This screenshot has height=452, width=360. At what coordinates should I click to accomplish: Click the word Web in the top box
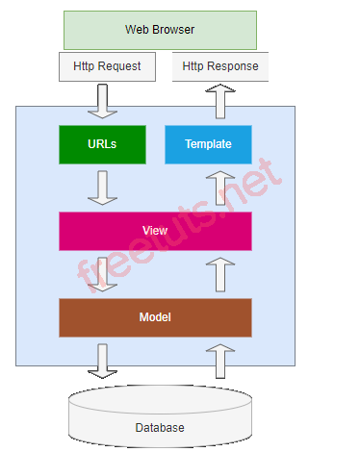pos(138,30)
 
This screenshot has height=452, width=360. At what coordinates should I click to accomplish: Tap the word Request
pos(120,66)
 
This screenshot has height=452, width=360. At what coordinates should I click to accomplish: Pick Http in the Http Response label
pos(194,66)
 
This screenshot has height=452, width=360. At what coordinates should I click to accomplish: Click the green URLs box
pos(102,144)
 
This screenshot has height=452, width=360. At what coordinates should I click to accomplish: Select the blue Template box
pos(208,144)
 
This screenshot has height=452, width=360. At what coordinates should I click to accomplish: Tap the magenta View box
pos(155,231)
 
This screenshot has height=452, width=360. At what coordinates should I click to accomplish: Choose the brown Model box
pos(155,316)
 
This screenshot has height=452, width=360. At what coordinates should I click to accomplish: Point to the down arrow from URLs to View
pos(102,188)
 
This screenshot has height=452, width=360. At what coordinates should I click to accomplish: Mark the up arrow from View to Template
pos(221,188)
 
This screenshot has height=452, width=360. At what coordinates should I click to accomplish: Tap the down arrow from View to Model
pos(102,274)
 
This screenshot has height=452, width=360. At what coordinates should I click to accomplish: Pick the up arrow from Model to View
pos(221,274)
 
